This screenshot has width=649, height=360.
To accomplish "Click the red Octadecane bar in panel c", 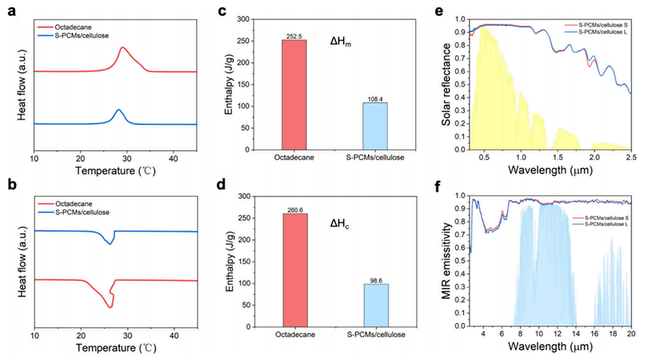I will click(294, 94).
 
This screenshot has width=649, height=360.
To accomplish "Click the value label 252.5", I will click(294, 36).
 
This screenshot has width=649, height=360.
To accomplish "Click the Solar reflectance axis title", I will click(449, 86).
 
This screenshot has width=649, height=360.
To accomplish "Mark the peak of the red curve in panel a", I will click(122, 48).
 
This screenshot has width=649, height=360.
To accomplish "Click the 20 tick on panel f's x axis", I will click(631, 334).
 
